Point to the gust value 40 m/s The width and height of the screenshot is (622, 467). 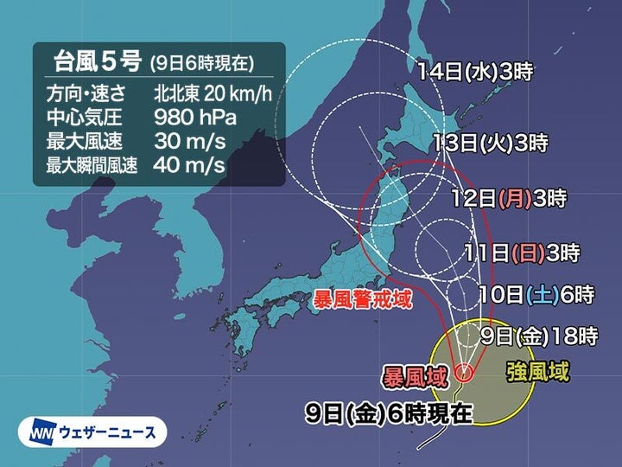click(189, 163)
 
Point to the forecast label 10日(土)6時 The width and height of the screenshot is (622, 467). click(536, 295)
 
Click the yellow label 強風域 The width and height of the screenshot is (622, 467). click(537, 373)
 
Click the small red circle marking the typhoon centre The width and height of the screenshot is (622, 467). click(463, 374)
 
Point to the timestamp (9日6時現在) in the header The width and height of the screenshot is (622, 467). click(200, 64)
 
